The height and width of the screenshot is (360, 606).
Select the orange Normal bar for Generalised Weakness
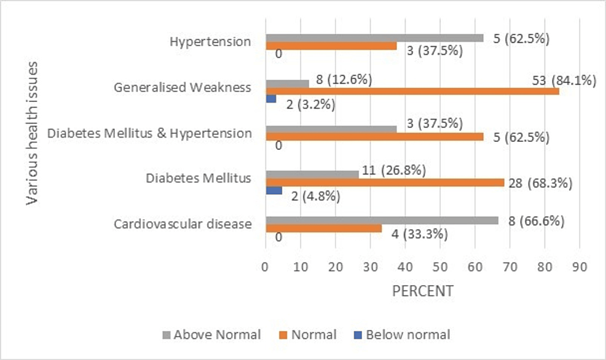(x=412, y=91)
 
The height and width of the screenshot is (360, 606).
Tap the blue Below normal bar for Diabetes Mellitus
(x=273, y=190)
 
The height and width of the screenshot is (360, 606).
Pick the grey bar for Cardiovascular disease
(x=381, y=221)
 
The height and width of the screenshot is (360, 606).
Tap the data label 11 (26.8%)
(x=393, y=170)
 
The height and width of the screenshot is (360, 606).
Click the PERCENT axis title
(x=422, y=291)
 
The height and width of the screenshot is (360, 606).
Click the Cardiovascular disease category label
(x=183, y=224)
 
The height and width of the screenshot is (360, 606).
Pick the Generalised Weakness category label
(x=183, y=87)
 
